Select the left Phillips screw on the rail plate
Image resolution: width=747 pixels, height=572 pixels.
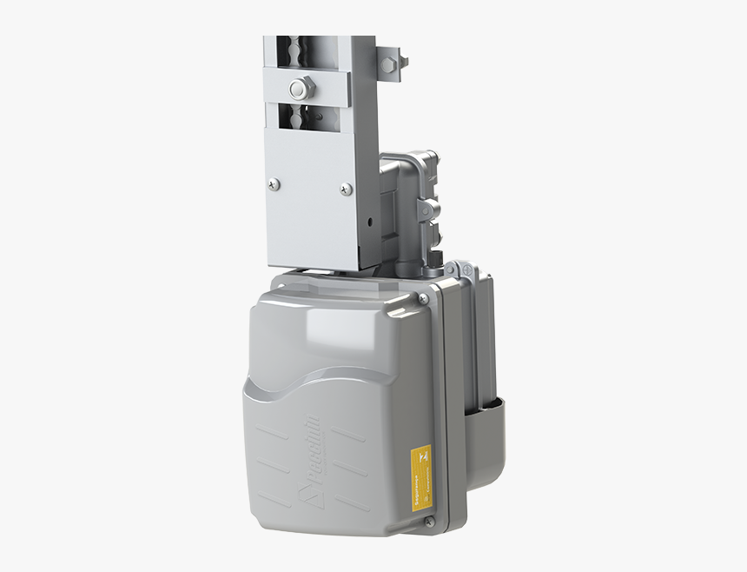coord(274,183)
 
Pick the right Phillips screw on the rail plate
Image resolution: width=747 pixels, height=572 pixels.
coord(346,188)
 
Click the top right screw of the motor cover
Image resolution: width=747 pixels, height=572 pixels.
coord(423,298)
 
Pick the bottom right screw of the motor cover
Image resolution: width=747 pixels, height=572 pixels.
coord(428,522)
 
